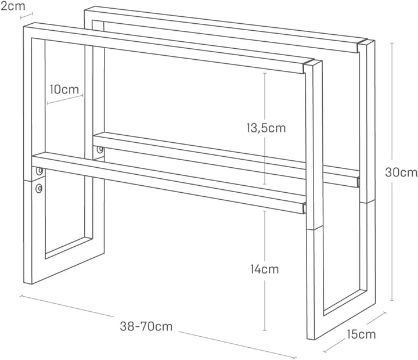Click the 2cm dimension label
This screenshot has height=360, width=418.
tap(13, 6)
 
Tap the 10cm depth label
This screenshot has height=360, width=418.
tap(64, 89)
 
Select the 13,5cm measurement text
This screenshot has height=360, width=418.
tap(266, 128)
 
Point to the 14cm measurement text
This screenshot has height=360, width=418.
tap(265, 269)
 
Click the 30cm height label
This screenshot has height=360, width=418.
tap(401, 172)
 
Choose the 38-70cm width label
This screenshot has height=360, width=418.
tap(146, 326)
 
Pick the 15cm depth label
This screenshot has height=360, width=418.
tap(361, 334)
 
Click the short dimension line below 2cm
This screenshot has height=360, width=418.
tap(27, 16)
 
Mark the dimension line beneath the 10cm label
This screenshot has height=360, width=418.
tap(65, 99)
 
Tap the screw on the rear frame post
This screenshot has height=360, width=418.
tap(100, 149)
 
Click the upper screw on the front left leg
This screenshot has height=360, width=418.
tap(39, 171)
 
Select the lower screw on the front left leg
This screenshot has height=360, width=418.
tap(39, 189)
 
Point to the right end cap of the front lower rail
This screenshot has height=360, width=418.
tap(304, 208)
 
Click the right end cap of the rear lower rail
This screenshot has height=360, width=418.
tap(358, 182)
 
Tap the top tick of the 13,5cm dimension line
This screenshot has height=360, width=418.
tap(265, 73)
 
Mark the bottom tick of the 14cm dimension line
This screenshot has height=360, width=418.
tap(265, 330)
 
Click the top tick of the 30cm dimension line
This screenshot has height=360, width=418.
tap(392, 43)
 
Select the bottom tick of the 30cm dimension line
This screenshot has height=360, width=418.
tap(392, 300)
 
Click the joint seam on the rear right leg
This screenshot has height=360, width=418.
tap(367, 203)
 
